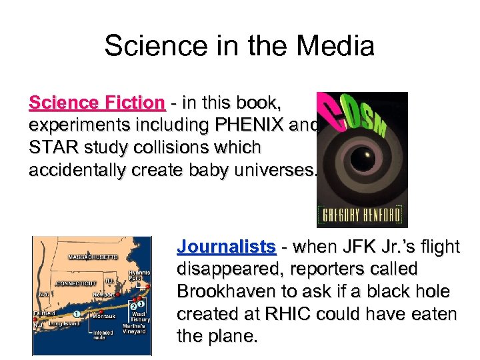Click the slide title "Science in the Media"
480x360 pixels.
tap(239, 46)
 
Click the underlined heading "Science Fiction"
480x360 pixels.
tap(97, 103)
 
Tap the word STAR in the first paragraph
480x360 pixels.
tap(53, 147)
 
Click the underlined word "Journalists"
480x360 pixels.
tap(226, 247)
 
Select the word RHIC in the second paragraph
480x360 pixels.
tap(295, 313)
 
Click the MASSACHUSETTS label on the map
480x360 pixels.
tap(93, 257)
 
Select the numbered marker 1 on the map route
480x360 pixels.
tap(77, 313)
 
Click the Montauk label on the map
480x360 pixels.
tap(105, 317)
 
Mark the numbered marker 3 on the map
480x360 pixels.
tap(141, 305)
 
